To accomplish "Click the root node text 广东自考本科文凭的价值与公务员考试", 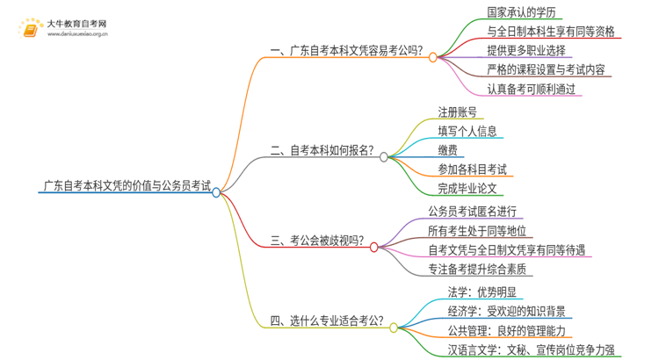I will pos(127,185).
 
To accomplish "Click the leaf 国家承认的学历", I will pos(520,12).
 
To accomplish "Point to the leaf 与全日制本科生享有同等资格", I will pos(551,31).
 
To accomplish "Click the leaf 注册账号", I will pos(458,112).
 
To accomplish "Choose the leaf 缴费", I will pos(447,149).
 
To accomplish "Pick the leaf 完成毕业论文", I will pos(467,188).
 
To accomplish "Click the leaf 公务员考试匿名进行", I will pos(473,211).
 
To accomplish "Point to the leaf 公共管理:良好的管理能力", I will pos(507,331).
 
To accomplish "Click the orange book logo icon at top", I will pos(29,30).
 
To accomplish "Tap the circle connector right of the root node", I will pos(216,193).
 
